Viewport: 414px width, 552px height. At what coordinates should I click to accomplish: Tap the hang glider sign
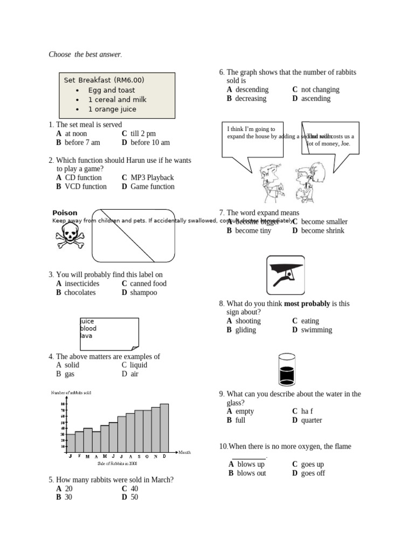click(x=286, y=275)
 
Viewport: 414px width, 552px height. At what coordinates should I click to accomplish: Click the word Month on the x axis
click(x=184, y=452)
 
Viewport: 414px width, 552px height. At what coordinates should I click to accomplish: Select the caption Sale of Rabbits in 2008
click(x=118, y=463)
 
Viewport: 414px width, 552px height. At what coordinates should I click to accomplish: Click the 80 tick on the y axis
click(x=63, y=404)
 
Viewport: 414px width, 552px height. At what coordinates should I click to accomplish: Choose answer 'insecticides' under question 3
click(x=82, y=284)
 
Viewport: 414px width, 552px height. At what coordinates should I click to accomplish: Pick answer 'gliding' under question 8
click(x=245, y=330)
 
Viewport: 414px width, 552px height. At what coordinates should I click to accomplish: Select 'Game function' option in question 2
click(x=153, y=187)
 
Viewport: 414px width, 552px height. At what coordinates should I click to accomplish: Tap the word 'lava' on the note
click(x=86, y=335)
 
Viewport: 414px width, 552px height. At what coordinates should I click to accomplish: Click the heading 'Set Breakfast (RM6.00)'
click(x=104, y=80)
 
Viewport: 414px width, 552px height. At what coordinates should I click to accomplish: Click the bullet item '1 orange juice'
click(x=112, y=109)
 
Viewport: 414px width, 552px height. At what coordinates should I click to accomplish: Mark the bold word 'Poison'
click(x=65, y=213)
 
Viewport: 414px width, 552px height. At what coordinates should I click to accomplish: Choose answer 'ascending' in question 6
click(x=316, y=99)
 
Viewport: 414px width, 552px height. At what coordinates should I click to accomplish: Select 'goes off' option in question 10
click(x=313, y=473)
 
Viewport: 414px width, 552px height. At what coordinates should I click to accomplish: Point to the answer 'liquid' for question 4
click(x=139, y=365)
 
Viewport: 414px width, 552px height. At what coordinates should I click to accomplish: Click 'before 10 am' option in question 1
click(x=150, y=143)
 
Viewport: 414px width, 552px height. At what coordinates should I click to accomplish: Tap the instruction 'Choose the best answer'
click(x=85, y=54)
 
